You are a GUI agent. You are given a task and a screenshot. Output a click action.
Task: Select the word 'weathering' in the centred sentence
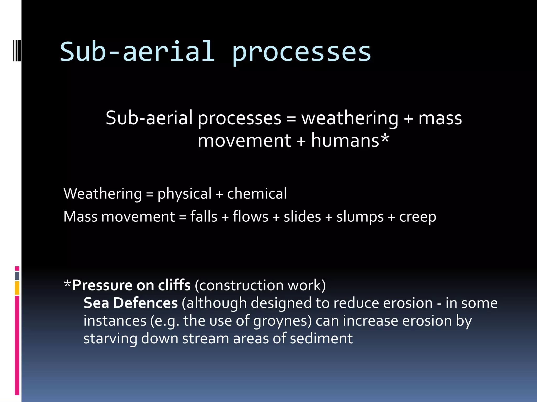coord(350,118)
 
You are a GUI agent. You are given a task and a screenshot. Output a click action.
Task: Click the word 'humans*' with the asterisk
coord(350,141)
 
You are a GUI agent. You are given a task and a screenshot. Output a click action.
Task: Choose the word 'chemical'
coord(257,194)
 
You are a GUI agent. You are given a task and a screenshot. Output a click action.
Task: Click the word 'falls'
coord(203,217)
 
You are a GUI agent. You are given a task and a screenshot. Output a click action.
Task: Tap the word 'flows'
coord(250,217)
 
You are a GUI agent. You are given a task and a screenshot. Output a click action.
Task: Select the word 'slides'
coord(302,217)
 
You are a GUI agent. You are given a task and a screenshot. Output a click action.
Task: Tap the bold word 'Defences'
coord(146,303)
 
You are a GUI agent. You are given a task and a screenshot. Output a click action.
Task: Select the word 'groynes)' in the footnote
coord(282,321)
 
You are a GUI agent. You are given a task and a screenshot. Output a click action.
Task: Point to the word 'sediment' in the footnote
coord(321,338)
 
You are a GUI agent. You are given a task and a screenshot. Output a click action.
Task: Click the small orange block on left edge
coord(17,288)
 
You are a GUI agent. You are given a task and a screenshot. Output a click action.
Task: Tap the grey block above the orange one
coord(17,276)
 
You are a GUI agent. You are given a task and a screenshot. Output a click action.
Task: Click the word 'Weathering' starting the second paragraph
coord(103,194)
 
